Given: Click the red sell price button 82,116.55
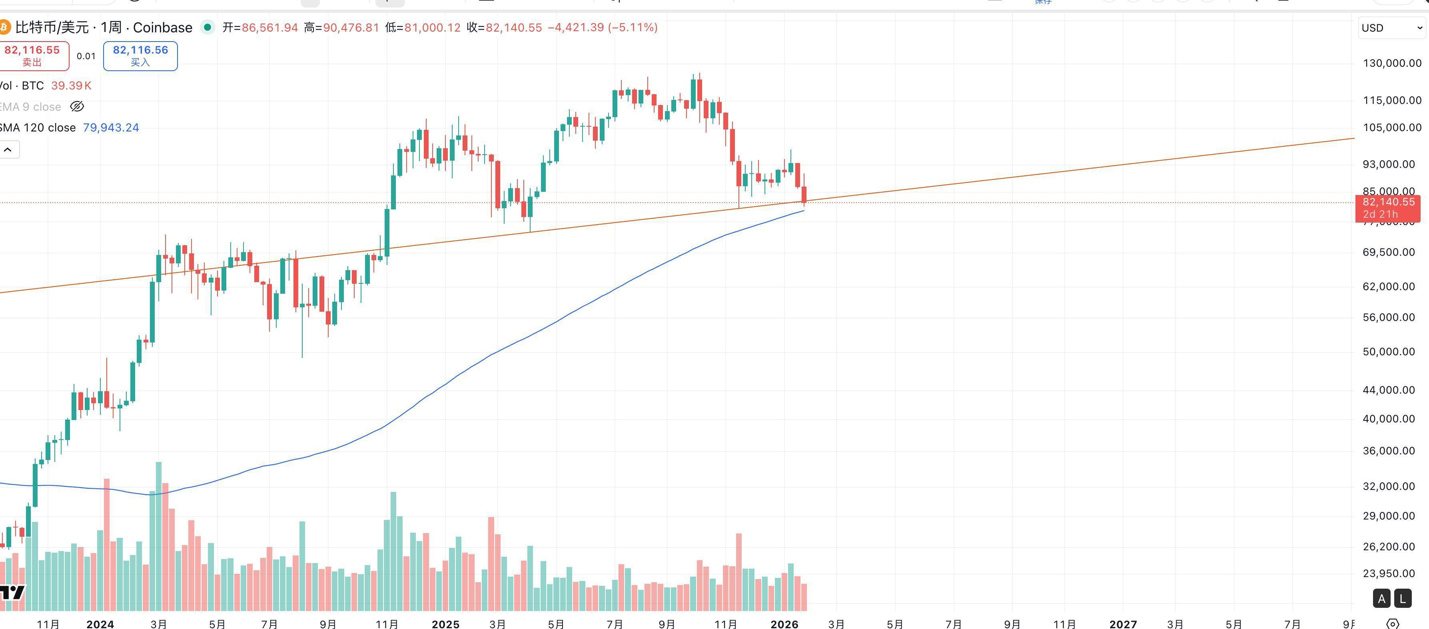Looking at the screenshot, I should point(32,56).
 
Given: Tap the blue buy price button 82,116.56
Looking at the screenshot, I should point(140,56).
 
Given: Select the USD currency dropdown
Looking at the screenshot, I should point(1391,28).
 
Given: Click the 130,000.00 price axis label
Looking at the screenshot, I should point(1392,63).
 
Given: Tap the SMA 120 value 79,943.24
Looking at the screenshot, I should point(111,127).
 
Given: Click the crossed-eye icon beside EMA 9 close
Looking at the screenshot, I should point(77,106).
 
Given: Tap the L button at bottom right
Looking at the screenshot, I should point(1402,599).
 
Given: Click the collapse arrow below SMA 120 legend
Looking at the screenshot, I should point(8,150).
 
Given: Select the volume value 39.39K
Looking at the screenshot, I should point(71,86).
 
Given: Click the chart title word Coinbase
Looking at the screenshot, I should point(163,28).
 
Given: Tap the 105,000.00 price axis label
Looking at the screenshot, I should point(1392,127).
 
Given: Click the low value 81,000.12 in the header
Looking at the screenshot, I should point(432,28).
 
